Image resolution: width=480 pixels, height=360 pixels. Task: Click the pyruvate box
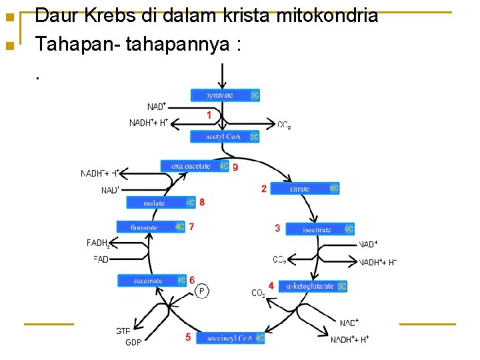pos(225,95)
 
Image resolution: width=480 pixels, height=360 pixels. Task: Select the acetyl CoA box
pos(225,137)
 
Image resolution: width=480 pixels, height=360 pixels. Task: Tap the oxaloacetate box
pos(195,166)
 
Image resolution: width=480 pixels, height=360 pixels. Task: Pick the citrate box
pos(314,189)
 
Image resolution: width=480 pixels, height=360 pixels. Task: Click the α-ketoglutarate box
pos(313,286)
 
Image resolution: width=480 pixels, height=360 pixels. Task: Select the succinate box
pos(152,281)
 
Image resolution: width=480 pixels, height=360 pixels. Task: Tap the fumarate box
pos(151,227)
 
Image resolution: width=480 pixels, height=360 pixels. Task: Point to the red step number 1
pos(209,115)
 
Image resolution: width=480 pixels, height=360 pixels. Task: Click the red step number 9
pos(235,167)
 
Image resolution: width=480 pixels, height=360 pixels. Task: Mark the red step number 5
pos(188,337)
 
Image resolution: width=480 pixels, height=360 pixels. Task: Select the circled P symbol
pos(202,291)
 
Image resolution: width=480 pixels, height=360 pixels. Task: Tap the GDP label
pos(133,343)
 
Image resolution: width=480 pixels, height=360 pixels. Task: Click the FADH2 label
pos(99,243)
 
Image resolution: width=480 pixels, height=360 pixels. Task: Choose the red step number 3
pos(277,228)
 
